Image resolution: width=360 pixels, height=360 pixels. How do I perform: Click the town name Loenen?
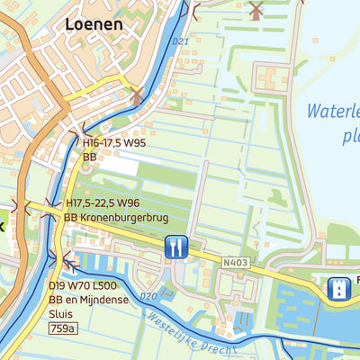tap(94, 24)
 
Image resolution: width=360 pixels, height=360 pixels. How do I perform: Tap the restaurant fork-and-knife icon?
tap(175, 247)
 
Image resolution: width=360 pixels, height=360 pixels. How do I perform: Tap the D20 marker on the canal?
tap(149, 296)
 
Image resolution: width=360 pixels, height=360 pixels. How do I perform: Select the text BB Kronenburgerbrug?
tap(115, 218)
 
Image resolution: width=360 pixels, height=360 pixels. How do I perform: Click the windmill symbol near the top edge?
tap(255, 11)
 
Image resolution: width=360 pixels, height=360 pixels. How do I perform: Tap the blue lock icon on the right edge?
tap(339, 287)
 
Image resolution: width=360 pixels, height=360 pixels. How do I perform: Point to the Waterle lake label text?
tap(331, 112)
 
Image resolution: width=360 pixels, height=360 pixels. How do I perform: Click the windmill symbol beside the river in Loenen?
tap(136, 96)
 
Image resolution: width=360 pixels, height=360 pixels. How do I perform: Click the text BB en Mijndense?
tap(93, 300)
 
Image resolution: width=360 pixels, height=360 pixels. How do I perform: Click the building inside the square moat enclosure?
tap(270, 79)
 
